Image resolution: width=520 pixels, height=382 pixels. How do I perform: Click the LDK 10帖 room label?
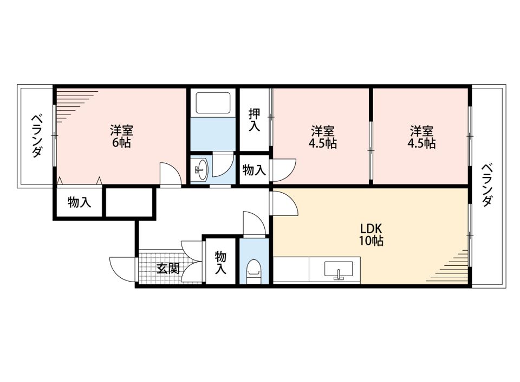[372, 234]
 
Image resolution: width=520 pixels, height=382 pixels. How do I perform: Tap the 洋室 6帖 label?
[122, 136]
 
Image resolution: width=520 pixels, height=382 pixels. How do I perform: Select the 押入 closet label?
[255, 119]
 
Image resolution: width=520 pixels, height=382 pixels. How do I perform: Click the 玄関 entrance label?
[168, 268]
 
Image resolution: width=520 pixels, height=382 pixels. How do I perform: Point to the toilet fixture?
[253, 271]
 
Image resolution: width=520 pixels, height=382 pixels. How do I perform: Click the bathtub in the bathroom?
[212, 103]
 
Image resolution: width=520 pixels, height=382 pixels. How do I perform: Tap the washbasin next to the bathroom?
[201, 169]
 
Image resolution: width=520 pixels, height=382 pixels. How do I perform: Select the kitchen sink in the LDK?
[339, 270]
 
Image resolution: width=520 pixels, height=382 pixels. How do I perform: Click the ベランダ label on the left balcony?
[37, 136]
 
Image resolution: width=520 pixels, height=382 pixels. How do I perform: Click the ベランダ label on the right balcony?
[486, 184]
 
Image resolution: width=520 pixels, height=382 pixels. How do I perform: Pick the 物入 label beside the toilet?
[220, 263]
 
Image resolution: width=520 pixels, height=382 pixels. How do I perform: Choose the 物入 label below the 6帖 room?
[79, 202]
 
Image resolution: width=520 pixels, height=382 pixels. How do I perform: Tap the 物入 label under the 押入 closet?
[255, 170]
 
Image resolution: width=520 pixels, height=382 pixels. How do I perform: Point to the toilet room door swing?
[255, 223]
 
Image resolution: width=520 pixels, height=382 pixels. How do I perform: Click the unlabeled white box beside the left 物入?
[131, 202]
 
